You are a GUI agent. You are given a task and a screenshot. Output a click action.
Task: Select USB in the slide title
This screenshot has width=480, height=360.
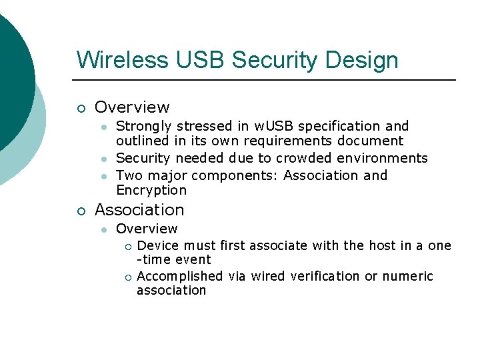pos(201,60)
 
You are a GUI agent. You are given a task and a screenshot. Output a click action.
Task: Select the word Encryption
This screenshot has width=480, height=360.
pos(151,190)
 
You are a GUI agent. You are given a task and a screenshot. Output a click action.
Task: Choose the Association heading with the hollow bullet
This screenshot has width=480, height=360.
pos(139,210)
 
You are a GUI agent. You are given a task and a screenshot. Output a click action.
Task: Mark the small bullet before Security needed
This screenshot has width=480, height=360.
pos(103,159)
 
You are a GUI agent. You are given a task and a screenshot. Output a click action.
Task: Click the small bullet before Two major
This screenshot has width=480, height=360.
pos(103,176)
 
